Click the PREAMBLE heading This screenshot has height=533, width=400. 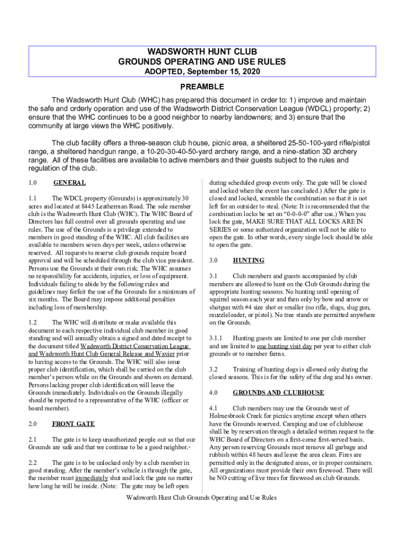point(202,86)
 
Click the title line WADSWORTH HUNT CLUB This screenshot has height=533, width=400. point(202,52)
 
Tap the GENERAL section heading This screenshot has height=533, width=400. point(69,183)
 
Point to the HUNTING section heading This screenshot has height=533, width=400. point(248,260)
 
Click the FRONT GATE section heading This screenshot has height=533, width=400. point(73,424)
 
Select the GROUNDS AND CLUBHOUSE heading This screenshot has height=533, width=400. point(278,392)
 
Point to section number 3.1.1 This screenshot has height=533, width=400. point(216,338)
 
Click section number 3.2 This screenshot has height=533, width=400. point(214,369)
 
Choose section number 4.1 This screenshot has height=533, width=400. point(214,408)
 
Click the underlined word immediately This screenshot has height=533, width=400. point(92,478)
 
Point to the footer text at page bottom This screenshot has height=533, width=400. point(202,498)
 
